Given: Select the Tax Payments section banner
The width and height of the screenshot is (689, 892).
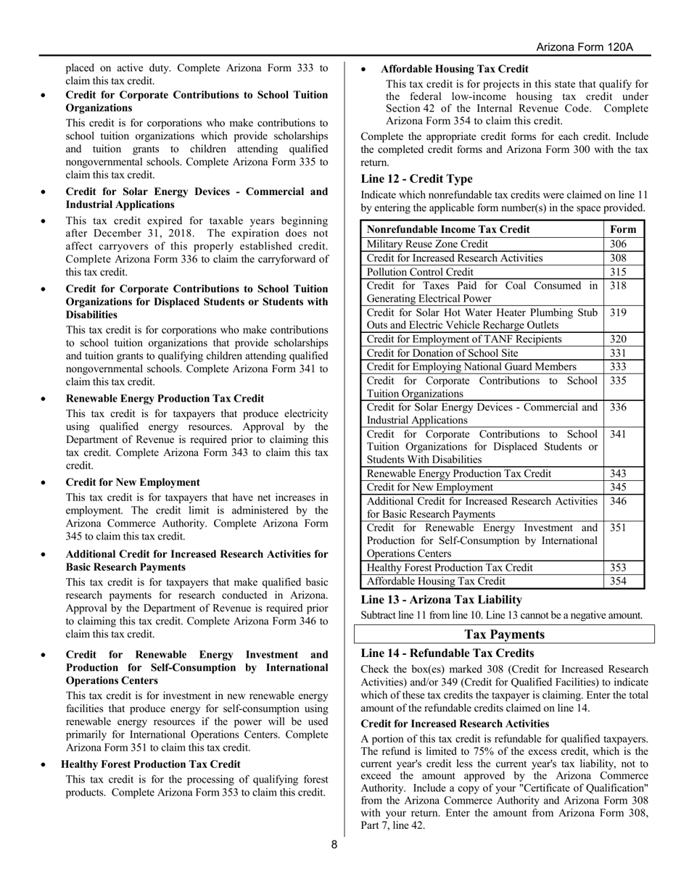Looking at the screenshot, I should click(504, 635).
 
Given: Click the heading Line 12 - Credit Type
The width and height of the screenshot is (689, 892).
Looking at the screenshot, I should click(416, 179).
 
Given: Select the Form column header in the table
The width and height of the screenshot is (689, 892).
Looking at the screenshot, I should click(624, 229).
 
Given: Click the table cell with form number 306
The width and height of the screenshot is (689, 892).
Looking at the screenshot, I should click(618, 244).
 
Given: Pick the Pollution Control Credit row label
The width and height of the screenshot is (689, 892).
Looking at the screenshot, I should click(420, 271).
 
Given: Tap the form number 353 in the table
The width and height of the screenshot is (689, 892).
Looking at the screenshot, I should click(618, 567).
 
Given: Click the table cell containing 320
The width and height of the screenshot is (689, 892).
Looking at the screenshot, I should click(618, 339).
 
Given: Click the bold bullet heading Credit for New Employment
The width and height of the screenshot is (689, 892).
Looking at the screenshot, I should click(133, 482).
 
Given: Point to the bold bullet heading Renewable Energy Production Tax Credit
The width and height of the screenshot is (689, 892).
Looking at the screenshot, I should click(165, 398).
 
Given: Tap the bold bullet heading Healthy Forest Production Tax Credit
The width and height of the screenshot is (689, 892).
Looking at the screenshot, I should click(150, 764).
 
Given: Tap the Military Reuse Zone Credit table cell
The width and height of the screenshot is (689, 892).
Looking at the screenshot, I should click(427, 244).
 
